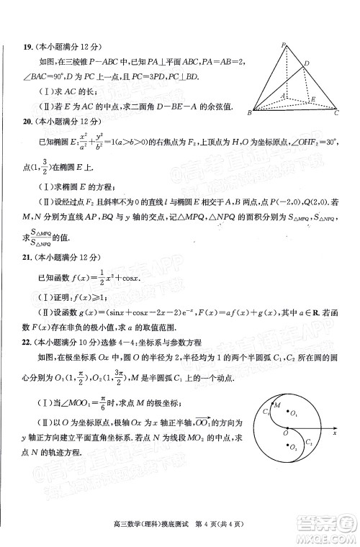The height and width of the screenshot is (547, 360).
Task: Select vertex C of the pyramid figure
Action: (336, 112)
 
